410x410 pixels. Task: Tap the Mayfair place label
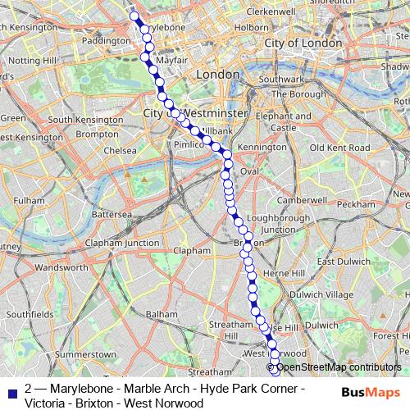(166, 60)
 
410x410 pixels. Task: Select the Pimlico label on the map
(187, 143)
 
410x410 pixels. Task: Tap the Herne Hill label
(284, 273)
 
